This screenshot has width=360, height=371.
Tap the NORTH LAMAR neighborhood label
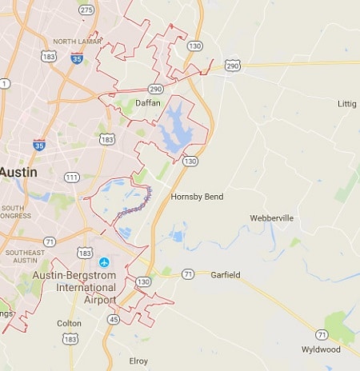tap(76, 42)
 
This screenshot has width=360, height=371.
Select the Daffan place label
tap(147, 103)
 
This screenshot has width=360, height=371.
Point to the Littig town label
tap(347, 103)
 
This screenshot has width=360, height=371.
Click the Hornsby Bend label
tap(197, 196)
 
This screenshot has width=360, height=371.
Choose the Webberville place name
tap(272, 217)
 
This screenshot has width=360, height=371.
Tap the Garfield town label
tap(225, 275)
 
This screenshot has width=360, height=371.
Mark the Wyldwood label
tap(321, 349)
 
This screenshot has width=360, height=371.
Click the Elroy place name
tap(138, 361)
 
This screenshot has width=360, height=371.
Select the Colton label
tap(69, 323)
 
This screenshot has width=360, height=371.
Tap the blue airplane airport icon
tap(103, 262)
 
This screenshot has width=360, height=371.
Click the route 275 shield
tap(86, 9)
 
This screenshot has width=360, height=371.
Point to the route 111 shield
tap(72, 177)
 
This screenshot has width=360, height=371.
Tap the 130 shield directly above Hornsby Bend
tap(190, 162)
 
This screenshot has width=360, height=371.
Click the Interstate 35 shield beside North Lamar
tap(77, 58)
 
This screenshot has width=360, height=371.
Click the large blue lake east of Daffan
tap(178, 128)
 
